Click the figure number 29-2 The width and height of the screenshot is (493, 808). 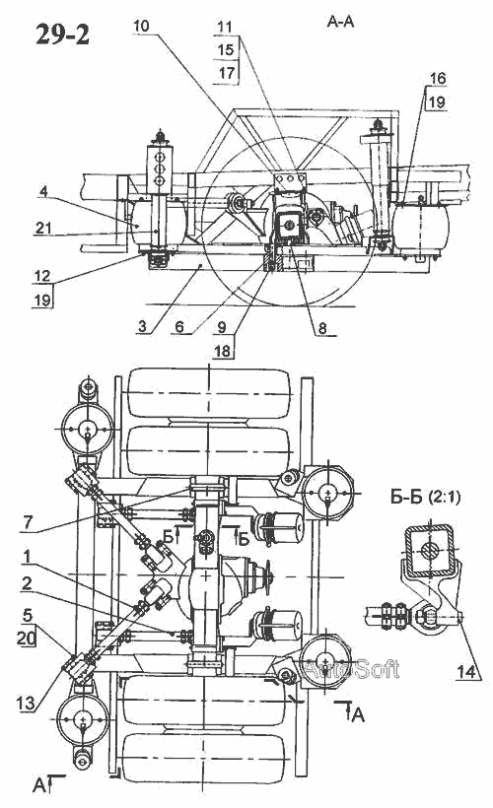(62, 35)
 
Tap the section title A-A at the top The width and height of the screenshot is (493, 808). (340, 21)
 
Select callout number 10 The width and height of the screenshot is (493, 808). (141, 26)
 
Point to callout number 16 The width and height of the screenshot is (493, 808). (438, 78)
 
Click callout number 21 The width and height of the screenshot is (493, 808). (43, 227)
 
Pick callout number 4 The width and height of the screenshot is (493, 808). (43, 192)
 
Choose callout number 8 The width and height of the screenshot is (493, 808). (321, 328)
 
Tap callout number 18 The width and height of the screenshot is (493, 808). (222, 351)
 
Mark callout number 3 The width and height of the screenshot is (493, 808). (142, 326)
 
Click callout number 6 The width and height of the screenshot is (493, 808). (178, 327)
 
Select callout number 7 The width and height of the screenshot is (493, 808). (28, 522)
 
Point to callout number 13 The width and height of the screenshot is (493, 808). (26, 702)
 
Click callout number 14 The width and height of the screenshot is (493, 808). (465, 671)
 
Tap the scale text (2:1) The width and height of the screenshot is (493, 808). (444, 498)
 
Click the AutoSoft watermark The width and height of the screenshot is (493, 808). (351, 669)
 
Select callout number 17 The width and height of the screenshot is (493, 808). (226, 73)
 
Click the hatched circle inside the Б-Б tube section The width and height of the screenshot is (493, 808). (429, 550)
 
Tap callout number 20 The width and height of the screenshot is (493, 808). (26, 639)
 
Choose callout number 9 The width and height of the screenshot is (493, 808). (221, 327)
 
